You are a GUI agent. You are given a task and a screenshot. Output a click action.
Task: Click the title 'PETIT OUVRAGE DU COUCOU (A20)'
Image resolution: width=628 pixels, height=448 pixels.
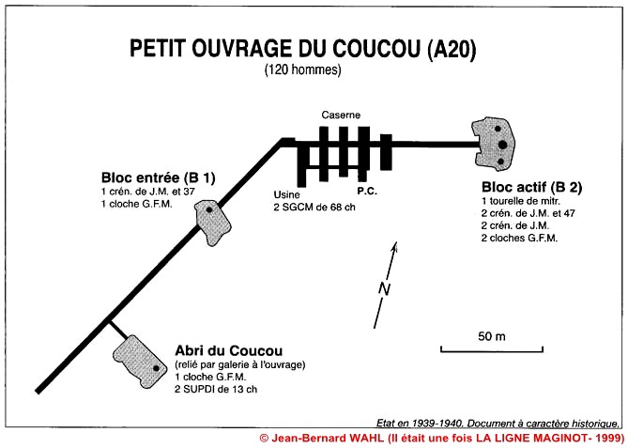click(303, 49)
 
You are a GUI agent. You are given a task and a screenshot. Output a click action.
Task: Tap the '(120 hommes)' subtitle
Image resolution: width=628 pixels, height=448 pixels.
click(303, 70)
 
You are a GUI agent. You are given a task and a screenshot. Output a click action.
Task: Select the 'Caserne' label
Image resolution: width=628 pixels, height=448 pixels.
click(341, 116)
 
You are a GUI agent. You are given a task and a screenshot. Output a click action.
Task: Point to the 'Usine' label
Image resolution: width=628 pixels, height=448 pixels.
click(286, 194)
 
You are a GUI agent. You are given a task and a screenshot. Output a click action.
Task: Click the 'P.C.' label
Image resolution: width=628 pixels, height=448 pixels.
click(367, 192)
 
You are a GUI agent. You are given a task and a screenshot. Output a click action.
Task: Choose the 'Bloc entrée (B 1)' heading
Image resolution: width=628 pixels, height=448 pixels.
click(159, 178)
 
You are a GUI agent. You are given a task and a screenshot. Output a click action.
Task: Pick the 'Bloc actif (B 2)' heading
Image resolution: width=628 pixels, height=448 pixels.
click(531, 187)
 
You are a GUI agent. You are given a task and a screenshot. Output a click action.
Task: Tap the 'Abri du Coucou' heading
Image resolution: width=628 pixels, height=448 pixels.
click(229, 350)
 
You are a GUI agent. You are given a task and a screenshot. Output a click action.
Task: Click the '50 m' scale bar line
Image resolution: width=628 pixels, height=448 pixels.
click(492, 351)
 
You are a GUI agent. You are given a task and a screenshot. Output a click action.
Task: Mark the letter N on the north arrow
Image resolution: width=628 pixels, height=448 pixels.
click(385, 289)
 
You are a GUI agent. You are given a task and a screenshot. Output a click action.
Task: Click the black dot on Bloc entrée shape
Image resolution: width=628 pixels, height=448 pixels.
click(208, 209)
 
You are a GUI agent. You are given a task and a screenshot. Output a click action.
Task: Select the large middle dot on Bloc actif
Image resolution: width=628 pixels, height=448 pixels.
click(503, 145)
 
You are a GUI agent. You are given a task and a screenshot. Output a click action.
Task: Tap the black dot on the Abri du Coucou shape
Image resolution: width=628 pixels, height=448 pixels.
click(156, 368)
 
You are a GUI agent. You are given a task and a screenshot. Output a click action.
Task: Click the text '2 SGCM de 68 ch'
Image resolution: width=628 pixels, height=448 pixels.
click(314, 208)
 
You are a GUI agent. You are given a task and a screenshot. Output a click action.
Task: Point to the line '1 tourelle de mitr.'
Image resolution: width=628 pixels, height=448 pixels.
click(521, 201)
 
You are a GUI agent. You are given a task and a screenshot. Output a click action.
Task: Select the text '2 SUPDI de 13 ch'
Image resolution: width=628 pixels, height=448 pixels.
click(216, 389)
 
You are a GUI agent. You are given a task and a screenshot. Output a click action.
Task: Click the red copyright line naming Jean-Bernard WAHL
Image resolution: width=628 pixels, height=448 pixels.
click(442, 437)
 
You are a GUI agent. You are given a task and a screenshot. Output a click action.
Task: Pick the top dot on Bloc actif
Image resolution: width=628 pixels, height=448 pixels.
click(498, 129)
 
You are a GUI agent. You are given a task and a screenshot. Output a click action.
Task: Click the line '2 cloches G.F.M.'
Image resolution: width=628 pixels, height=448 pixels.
click(519, 238)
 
